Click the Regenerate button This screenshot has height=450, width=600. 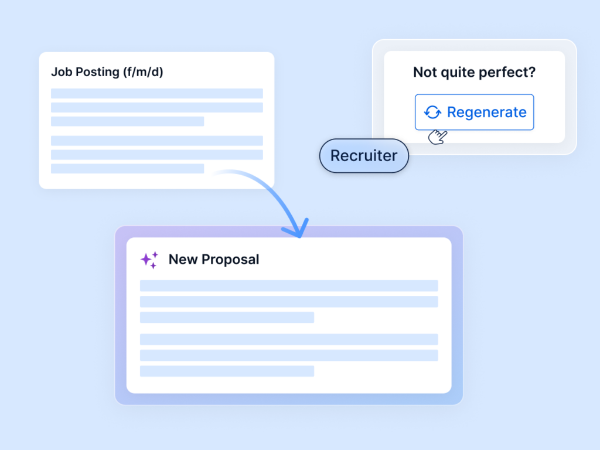[x=474, y=112]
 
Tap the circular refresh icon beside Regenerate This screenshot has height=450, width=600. [x=432, y=112]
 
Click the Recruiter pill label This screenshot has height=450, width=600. [x=364, y=156]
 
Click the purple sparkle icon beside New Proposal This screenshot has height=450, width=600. [x=149, y=260]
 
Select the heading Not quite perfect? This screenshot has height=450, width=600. [x=474, y=72]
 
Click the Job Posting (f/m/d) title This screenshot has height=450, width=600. [x=107, y=72]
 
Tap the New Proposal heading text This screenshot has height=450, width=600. [x=214, y=260]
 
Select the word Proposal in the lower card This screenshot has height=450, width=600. [x=230, y=260]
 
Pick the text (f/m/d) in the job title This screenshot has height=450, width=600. [x=143, y=72]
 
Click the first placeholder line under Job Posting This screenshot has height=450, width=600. [x=157, y=93]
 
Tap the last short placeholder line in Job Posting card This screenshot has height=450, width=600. [x=127, y=168]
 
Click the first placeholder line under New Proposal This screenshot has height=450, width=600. [x=289, y=286]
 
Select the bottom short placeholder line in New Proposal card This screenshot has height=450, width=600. [x=227, y=371]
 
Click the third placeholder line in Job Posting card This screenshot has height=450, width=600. [x=127, y=121]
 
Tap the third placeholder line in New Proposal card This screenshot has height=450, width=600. [x=227, y=317]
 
